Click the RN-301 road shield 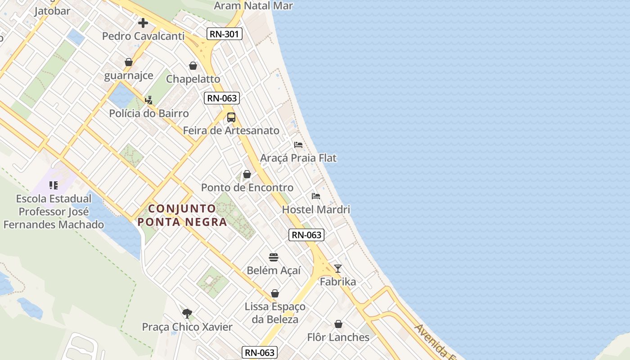point(225,34)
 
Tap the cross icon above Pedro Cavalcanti point(143,22)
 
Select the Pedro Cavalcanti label point(143,36)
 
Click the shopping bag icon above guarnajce point(129,62)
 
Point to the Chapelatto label point(193,79)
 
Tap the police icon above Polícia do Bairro point(148,100)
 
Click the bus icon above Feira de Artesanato point(231,117)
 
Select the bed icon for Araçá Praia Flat point(298,145)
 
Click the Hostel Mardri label point(316,209)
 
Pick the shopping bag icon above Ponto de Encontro point(247,174)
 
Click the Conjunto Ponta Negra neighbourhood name point(182,215)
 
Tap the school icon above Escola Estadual point(54,185)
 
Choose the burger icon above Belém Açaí point(274,257)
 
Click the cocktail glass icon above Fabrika point(338,269)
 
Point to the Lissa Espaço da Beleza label point(275,313)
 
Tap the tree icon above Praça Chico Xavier point(187,313)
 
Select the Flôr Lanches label point(338,337)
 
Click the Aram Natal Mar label point(253,6)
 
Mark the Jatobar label point(52,11)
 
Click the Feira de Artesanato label point(231,130)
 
